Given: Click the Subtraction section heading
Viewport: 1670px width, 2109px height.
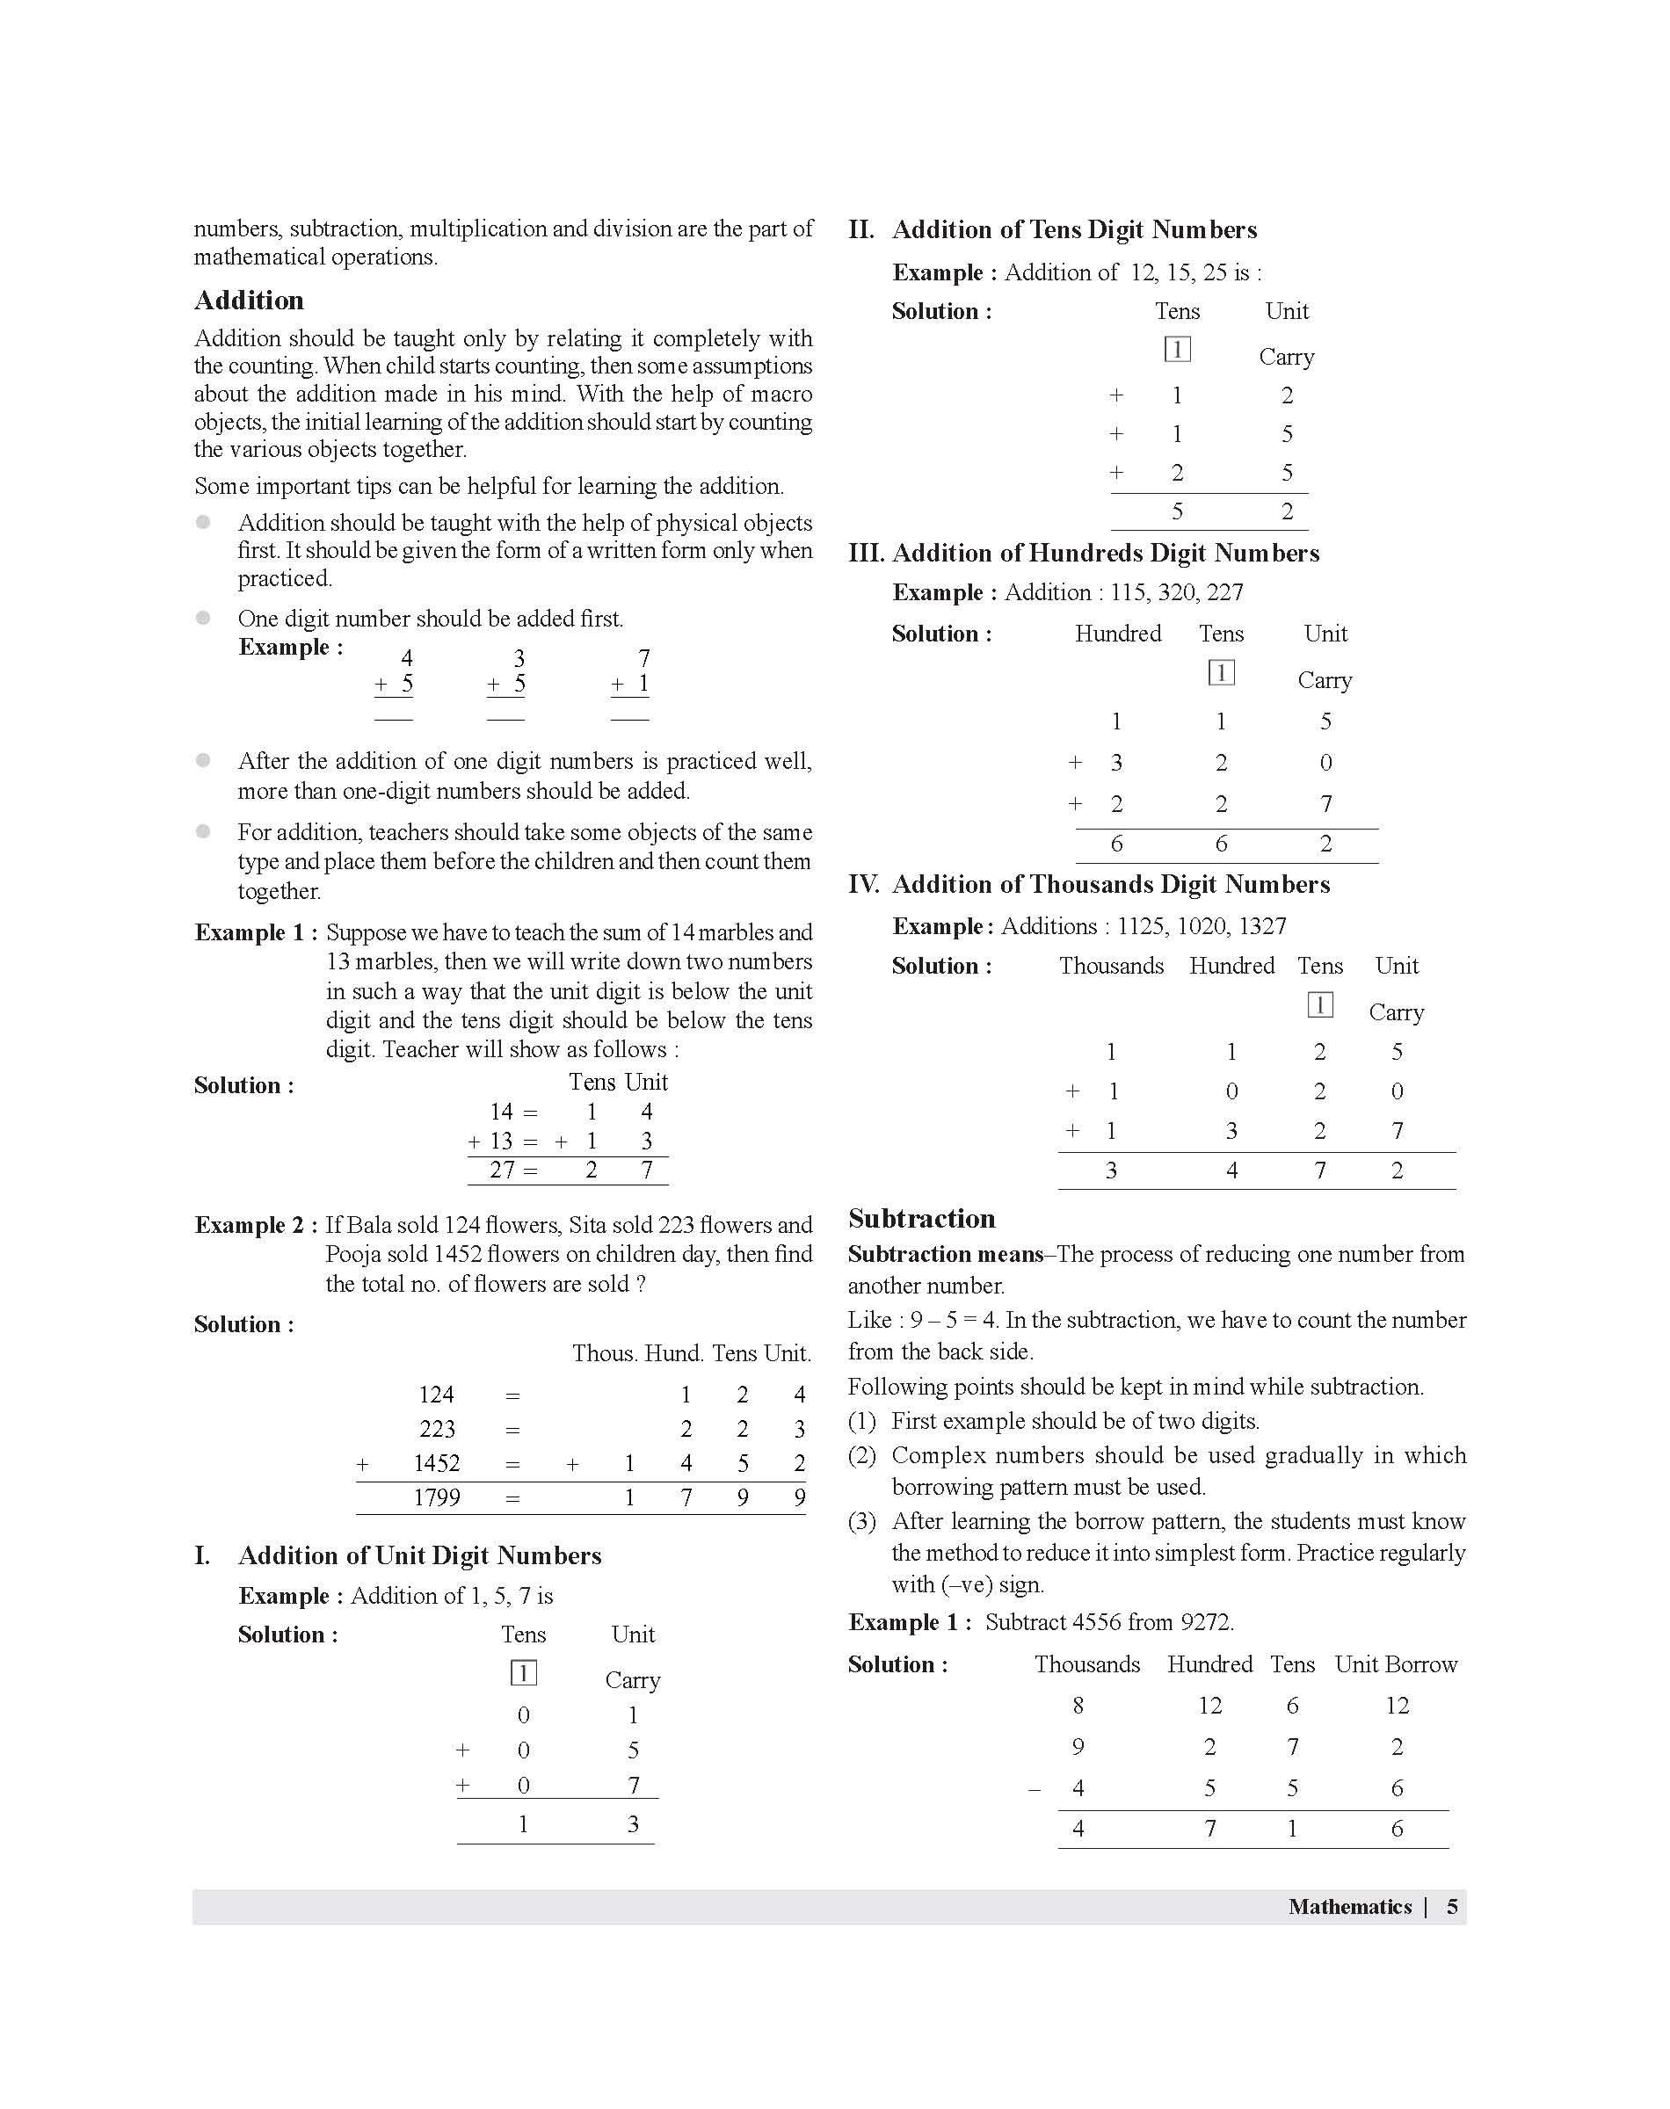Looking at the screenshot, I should (921, 1218).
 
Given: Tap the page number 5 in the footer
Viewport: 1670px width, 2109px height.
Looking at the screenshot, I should (1452, 1906).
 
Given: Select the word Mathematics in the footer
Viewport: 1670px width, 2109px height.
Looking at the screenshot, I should (1349, 1906).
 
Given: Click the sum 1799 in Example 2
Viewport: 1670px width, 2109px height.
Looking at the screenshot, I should (436, 1497).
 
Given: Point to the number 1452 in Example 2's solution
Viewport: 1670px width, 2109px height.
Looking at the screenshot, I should (436, 1463).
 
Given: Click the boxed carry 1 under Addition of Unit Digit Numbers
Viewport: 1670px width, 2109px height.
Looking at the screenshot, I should (523, 1673).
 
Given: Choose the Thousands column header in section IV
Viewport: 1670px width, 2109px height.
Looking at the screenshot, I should (1111, 966).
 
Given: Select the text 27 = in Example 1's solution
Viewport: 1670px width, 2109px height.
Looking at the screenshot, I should (514, 1170).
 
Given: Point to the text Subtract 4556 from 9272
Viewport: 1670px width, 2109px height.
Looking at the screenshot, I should (1108, 1622).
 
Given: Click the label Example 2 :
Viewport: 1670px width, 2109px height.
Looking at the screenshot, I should (255, 1226).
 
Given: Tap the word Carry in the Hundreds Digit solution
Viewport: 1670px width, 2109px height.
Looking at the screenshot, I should (1324, 680).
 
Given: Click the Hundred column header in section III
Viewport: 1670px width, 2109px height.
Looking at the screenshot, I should (1117, 634).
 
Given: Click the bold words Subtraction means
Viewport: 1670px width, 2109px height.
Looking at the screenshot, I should (945, 1254).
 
